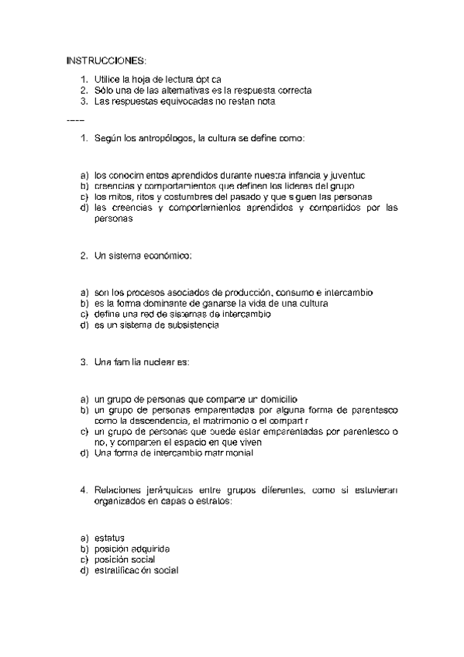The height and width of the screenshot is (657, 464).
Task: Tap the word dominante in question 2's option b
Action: coord(178,304)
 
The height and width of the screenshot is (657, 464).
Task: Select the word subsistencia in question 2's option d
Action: coord(191,325)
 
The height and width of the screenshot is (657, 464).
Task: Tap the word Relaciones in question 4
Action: coord(119,490)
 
